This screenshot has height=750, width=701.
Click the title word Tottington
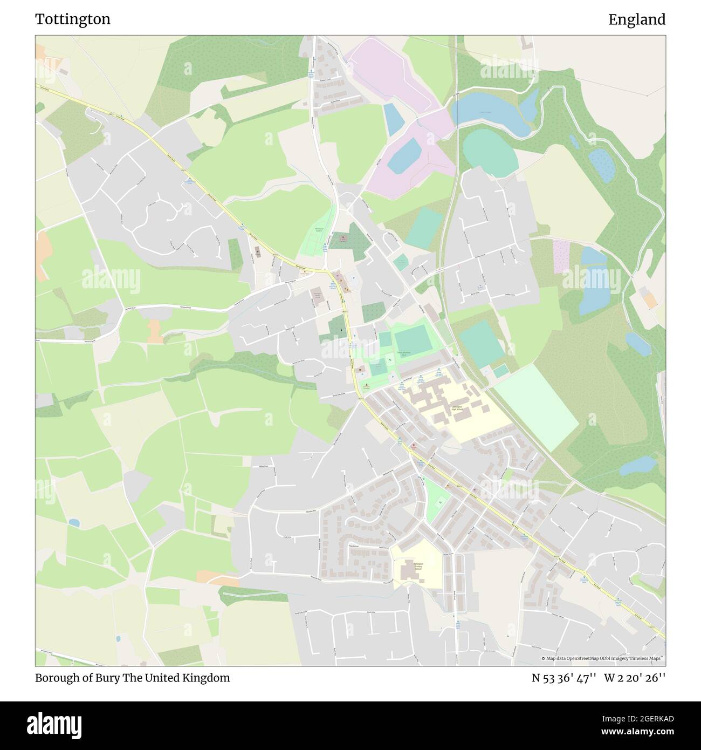tap(73, 19)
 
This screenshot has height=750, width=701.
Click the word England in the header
tap(637, 19)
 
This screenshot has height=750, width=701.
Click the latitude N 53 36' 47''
tap(564, 678)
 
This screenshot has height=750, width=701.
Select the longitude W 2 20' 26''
tap(635, 678)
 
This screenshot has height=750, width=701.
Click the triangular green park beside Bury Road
tap(437, 499)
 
